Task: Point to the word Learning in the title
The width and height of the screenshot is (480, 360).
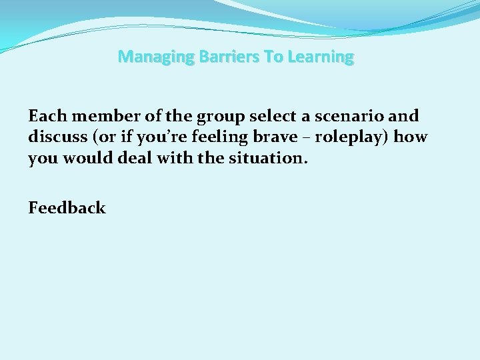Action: tap(322, 57)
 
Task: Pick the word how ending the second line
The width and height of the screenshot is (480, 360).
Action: tap(411, 137)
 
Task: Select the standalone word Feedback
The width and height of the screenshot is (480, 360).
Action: tap(67, 208)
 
